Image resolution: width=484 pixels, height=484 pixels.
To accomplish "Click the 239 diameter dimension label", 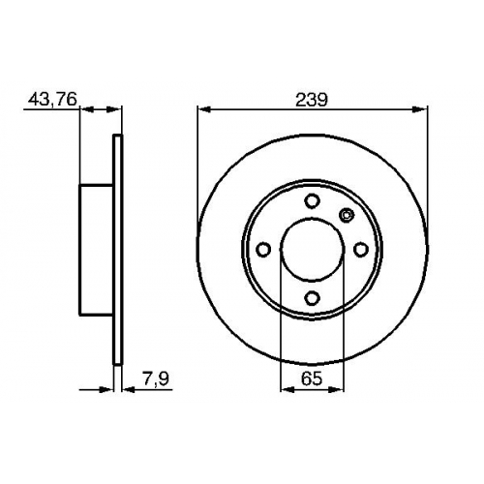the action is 312,100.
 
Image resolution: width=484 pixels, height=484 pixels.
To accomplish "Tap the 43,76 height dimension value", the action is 53,99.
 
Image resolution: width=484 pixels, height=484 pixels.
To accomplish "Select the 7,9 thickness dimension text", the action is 156,378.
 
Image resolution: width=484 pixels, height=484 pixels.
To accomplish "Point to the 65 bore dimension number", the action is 312,378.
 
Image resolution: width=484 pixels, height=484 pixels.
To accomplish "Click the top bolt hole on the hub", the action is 312,201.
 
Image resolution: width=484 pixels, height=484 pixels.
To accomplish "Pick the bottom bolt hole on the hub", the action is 312,297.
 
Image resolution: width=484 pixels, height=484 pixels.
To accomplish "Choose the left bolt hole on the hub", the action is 263,250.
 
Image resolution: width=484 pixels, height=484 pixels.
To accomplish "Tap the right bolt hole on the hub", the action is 360,250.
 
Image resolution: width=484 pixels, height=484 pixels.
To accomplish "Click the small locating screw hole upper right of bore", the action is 347,215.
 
